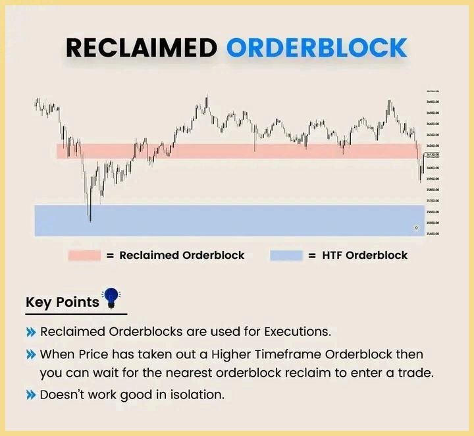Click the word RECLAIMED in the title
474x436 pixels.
[x=142, y=48]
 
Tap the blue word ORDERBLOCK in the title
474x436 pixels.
[x=317, y=48]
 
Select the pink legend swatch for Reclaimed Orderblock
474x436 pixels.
[x=84, y=256]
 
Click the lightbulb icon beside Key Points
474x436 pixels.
[x=113, y=298]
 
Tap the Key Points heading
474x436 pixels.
[x=62, y=302]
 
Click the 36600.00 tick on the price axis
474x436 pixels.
[x=433, y=102]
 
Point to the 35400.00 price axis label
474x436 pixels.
[x=433, y=234]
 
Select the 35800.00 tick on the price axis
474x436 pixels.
[x=433, y=190]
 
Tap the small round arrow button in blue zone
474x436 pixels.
[x=415, y=227]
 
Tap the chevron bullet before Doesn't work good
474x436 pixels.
[x=31, y=395]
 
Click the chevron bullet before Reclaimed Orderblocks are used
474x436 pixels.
[x=31, y=332]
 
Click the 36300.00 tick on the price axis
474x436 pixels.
[x=433, y=135]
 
